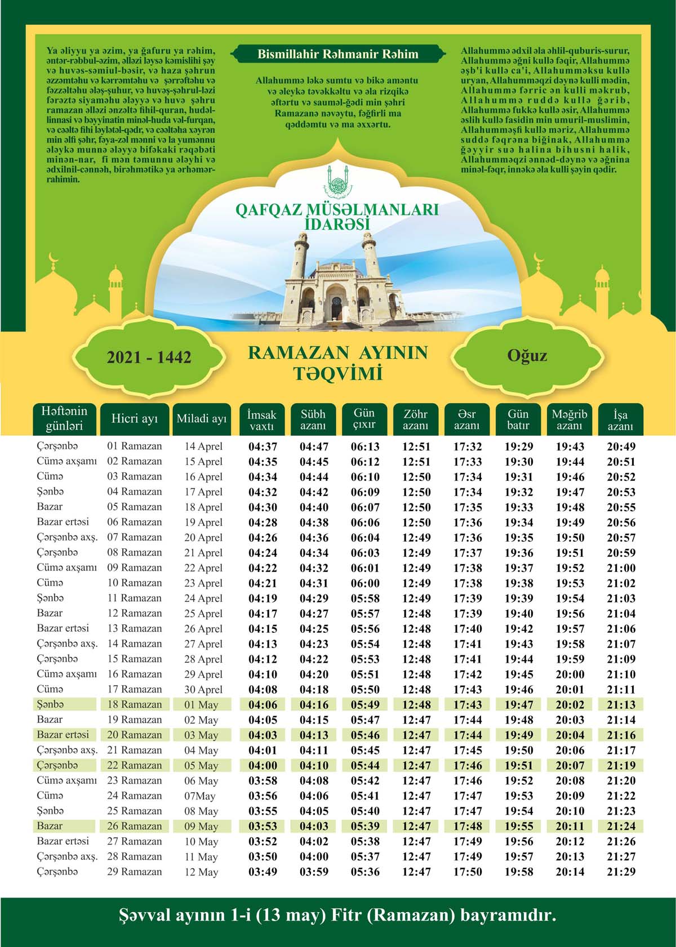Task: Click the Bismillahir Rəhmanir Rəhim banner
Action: point(338,54)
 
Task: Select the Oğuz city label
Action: point(527,356)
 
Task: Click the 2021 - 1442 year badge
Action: point(149,357)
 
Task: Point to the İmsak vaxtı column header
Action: point(262,420)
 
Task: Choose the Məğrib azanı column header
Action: point(569,420)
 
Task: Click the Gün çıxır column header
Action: point(364,419)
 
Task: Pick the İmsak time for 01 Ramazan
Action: point(263,447)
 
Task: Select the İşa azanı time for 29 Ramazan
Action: point(621,872)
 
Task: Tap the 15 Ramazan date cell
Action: point(135,659)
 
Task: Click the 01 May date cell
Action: point(201,705)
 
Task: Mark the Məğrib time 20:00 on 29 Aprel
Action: point(570,674)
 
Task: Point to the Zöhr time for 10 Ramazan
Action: point(416,583)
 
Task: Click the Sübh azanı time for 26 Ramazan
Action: point(314,827)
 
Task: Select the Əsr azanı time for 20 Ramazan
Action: point(468,735)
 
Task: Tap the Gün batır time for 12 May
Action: point(519,872)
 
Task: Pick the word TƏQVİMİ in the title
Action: point(337,374)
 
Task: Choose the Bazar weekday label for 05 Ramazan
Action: point(50,507)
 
